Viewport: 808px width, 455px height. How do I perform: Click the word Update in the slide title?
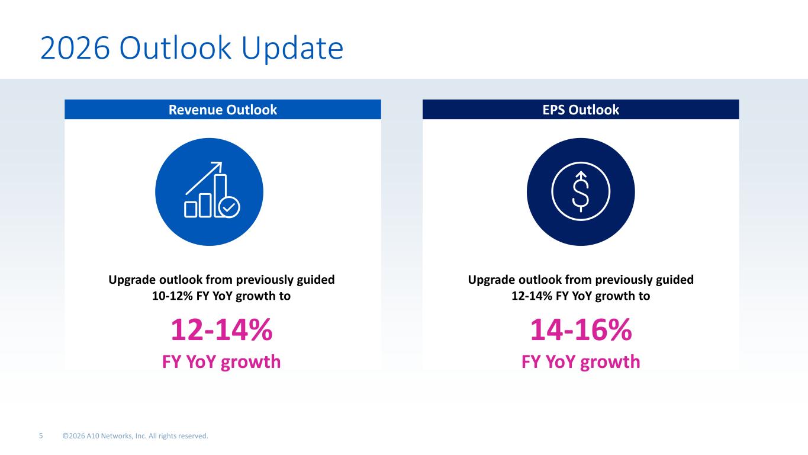click(292, 49)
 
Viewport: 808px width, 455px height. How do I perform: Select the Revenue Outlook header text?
click(223, 110)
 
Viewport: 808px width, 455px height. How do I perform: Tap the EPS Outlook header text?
click(581, 110)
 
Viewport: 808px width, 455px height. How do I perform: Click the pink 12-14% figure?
click(221, 329)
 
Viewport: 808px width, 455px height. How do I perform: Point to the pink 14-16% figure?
click(581, 329)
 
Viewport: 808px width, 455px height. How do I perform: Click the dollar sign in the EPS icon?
click(581, 192)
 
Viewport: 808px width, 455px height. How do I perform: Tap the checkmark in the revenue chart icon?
click(229, 207)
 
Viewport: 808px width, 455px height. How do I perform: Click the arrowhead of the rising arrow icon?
click(217, 166)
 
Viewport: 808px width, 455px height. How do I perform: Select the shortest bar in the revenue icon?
click(191, 210)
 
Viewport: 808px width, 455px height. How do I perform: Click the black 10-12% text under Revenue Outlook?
click(172, 296)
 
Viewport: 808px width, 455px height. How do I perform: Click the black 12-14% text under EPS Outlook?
click(532, 296)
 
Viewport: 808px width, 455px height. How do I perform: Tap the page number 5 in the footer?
click(41, 436)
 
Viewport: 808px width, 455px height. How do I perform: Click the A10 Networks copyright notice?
click(136, 436)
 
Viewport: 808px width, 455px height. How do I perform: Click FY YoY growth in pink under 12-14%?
click(221, 362)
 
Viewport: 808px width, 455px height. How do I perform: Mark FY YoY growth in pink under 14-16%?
click(581, 362)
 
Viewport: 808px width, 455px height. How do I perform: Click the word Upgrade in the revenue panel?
click(131, 280)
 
